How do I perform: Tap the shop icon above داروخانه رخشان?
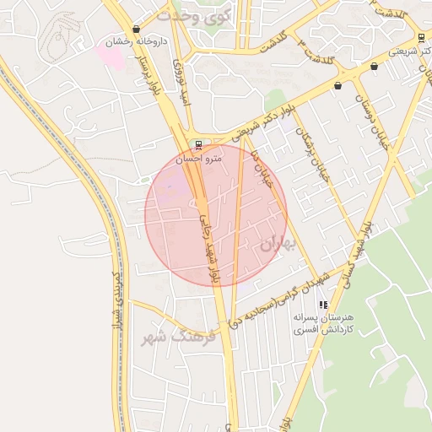(x=136, y=30)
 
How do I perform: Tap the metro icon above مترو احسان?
(x=198, y=144)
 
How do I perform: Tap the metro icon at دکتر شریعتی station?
(x=420, y=37)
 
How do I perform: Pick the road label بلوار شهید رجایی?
(x=211, y=248)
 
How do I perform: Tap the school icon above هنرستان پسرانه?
(x=322, y=305)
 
